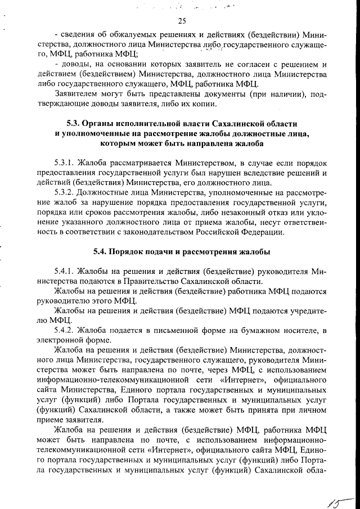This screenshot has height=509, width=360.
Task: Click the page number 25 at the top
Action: point(181,21)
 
